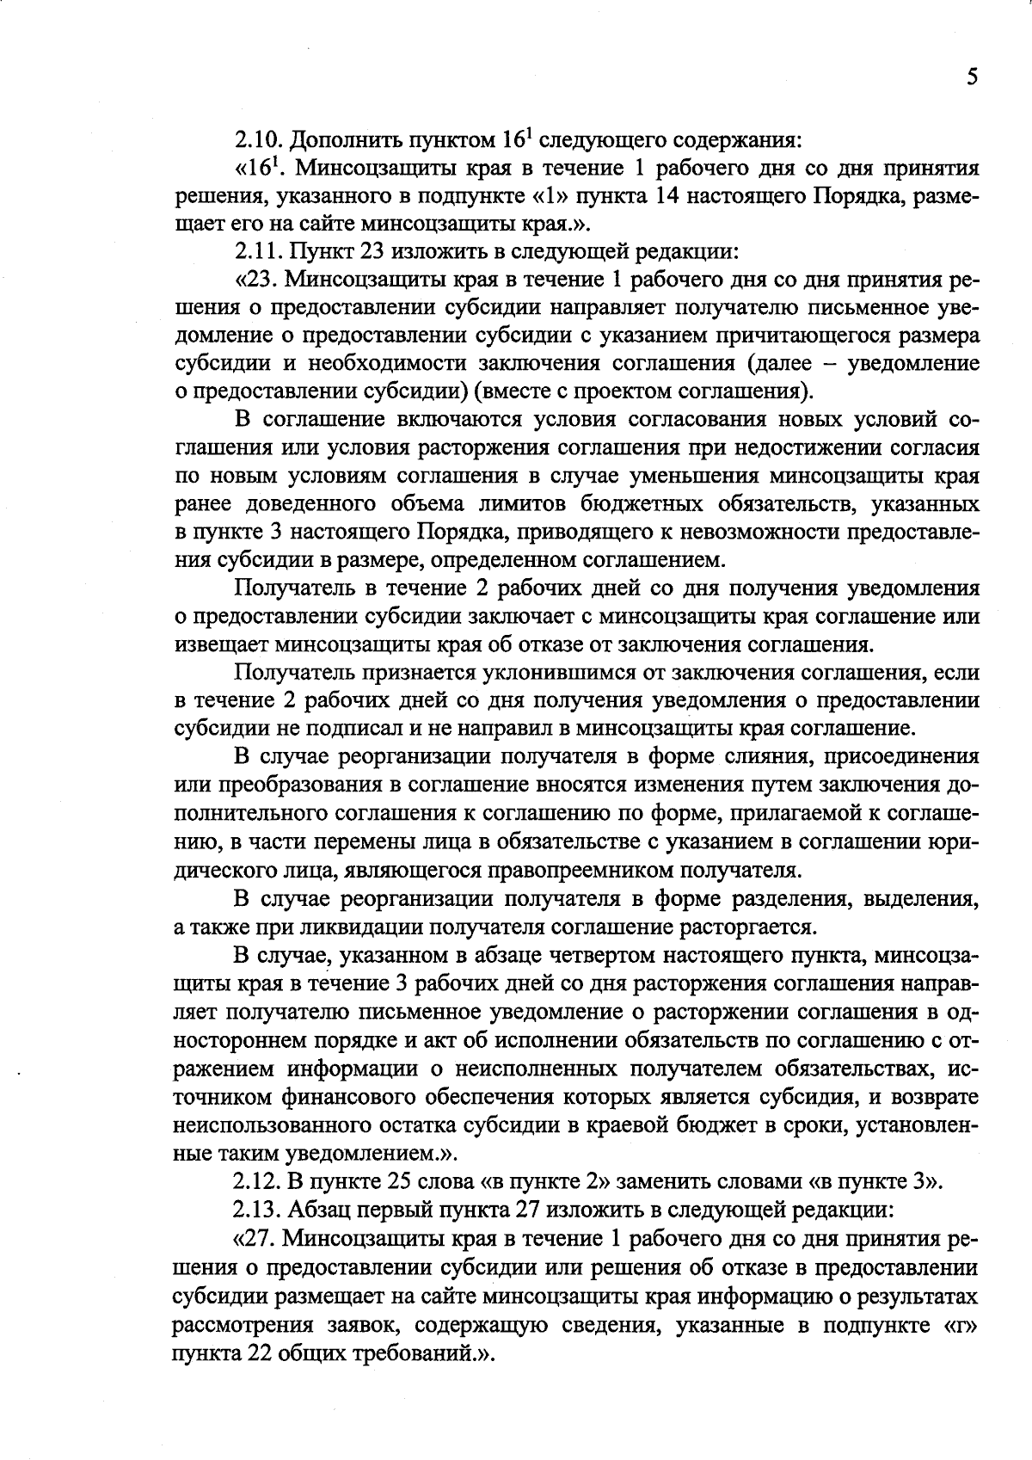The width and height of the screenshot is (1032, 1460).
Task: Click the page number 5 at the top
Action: tap(972, 77)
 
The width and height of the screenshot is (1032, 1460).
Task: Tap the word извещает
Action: tap(221, 645)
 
